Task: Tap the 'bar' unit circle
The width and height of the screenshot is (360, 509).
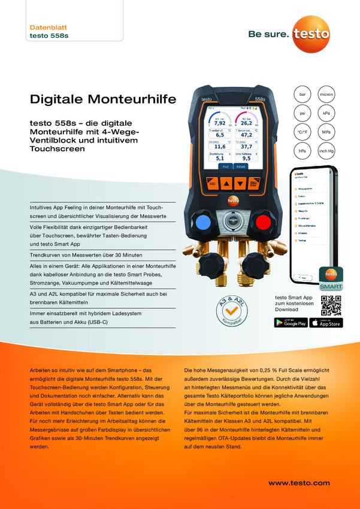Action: pos(303,95)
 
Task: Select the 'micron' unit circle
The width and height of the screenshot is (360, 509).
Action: pos(326,95)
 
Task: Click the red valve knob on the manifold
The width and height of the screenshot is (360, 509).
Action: pos(262,222)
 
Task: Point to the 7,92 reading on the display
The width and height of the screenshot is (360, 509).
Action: pos(219,124)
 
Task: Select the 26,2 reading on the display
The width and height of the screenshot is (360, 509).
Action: pos(246,124)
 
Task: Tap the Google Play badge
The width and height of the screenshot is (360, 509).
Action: pos(291,322)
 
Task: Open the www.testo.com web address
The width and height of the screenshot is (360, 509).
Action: pos(299,483)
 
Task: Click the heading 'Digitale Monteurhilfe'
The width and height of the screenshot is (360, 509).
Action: pos(103,98)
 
